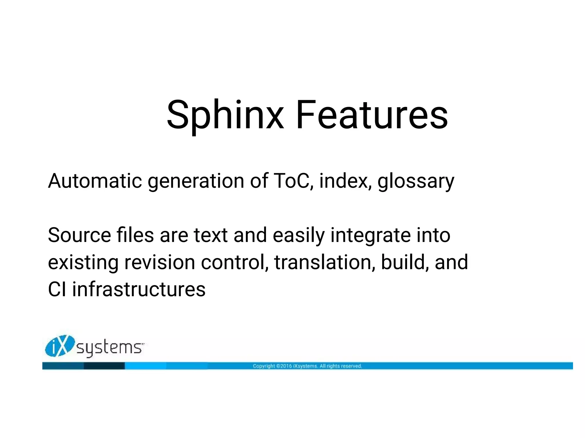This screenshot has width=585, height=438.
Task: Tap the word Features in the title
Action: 371,115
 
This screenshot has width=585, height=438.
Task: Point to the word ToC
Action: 292,181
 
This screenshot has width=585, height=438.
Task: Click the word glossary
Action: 416,182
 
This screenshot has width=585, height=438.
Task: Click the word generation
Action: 196,182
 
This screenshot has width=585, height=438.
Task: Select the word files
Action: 135,235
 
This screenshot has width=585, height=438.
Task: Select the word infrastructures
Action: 139,290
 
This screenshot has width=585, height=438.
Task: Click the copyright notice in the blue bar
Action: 307,366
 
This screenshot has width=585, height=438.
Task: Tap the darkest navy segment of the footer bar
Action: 104,366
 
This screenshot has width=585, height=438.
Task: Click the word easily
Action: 299,236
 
